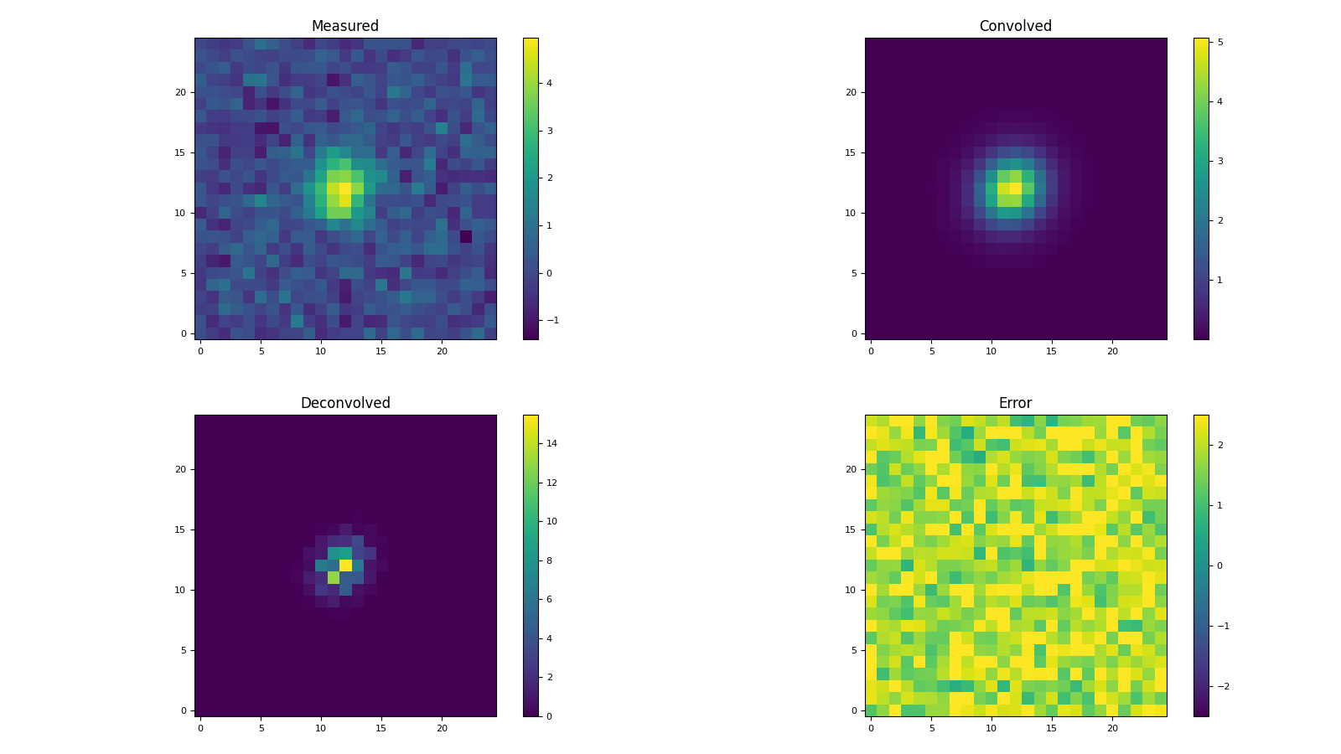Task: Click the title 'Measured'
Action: click(x=345, y=26)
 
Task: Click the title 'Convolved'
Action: click(x=1015, y=26)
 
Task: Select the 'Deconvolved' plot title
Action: click(x=345, y=403)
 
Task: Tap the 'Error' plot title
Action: click(x=1015, y=403)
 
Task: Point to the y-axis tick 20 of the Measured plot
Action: click(x=179, y=92)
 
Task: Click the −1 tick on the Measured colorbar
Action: click(x=552, y=320)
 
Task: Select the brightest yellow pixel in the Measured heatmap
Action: click(x=345, y=188)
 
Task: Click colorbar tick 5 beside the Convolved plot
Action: click(x=1219, y=42)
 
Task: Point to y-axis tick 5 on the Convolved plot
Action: click(x=852, y=273)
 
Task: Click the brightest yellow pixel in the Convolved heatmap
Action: click(x=1016, y=188)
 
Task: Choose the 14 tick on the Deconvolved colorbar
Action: click(x=552, y=443)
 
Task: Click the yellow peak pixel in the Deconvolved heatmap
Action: click(x=345, y=565)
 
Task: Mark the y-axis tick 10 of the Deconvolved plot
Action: click(x=179, y=590)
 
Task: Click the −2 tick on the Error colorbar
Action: click(x=1223, y=686)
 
